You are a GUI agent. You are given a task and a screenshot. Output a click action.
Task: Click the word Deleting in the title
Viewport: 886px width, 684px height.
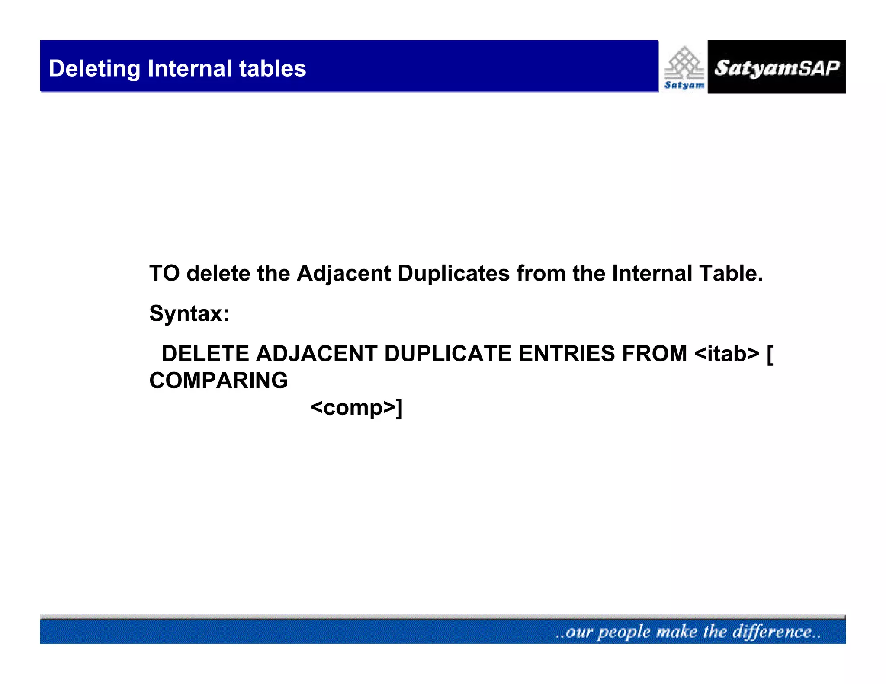tap(94, 69)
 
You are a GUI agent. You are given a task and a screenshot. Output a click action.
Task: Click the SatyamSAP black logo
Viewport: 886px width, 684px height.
tap(776, 67)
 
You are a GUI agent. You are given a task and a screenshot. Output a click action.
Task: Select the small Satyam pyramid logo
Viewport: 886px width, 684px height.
tap(684, 67)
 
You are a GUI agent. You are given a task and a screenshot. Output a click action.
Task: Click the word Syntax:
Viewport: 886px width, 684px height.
tap(189, 313)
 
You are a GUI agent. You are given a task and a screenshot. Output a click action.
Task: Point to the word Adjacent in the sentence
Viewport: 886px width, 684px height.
tap(343, 273)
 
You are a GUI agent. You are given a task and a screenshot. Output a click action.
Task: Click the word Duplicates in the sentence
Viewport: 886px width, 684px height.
tap(453, 273)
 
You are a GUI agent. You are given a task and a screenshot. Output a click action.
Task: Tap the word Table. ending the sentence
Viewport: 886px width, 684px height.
tap(731, 273)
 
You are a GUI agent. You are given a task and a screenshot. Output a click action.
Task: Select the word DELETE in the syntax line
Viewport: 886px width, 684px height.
tap(205, 354)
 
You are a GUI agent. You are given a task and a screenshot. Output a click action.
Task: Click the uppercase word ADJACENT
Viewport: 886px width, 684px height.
tap(316, 354)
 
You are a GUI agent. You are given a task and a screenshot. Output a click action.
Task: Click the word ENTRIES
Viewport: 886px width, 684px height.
tap(566, 354)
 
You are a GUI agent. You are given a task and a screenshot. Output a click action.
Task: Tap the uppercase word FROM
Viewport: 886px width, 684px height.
tap(654, 354)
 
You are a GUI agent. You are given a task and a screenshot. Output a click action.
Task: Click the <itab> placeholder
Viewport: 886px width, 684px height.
tap(726, 354)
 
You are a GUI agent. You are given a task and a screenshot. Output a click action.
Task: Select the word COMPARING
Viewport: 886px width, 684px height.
tap(218, 380)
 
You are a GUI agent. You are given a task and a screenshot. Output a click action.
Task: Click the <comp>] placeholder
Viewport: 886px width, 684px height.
tap(356, 407)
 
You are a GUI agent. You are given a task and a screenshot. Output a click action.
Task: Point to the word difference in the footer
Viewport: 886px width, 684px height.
tap(772, 632)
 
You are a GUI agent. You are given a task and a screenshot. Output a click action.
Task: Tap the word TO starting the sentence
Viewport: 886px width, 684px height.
tap(164, 273)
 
